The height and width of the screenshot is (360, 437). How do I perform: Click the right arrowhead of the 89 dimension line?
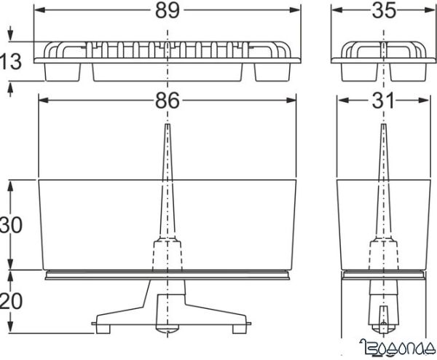296,10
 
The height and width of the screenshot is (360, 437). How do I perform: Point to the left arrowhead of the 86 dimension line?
42,101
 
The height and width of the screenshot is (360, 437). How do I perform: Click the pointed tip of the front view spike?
167,126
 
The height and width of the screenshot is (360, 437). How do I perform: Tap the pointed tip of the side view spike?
383,126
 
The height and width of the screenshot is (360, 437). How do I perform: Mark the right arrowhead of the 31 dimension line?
425,101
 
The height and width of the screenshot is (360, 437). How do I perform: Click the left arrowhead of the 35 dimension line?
336,10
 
